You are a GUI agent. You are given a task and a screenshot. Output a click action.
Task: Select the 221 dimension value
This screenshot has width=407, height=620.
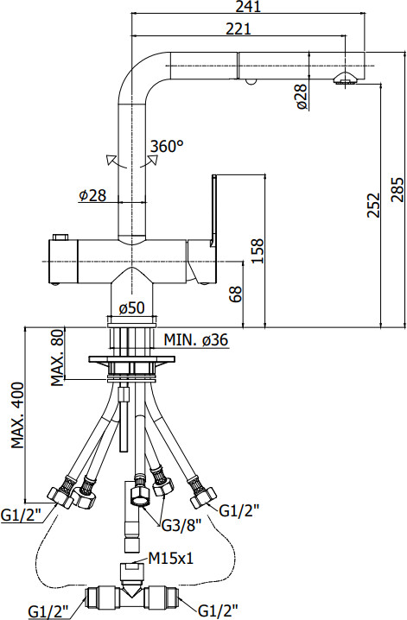(x=238, y=28)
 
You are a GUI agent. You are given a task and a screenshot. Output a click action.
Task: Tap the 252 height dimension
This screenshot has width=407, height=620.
(x=373, y=205)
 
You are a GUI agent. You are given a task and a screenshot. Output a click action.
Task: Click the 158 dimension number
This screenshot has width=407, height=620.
(x=258, y=250)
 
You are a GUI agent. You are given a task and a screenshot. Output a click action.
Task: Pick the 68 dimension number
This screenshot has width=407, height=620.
(x=236, y=294)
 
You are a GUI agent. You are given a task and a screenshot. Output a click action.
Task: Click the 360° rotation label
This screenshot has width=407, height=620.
(x=167, y=146)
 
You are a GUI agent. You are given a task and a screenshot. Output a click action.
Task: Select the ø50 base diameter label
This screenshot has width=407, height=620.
(x=131, y=307)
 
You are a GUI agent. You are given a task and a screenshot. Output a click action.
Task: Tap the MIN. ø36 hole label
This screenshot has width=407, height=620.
(x=196, y=339)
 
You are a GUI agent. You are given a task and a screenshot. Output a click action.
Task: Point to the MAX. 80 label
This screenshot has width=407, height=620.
(x=58, y=357)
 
